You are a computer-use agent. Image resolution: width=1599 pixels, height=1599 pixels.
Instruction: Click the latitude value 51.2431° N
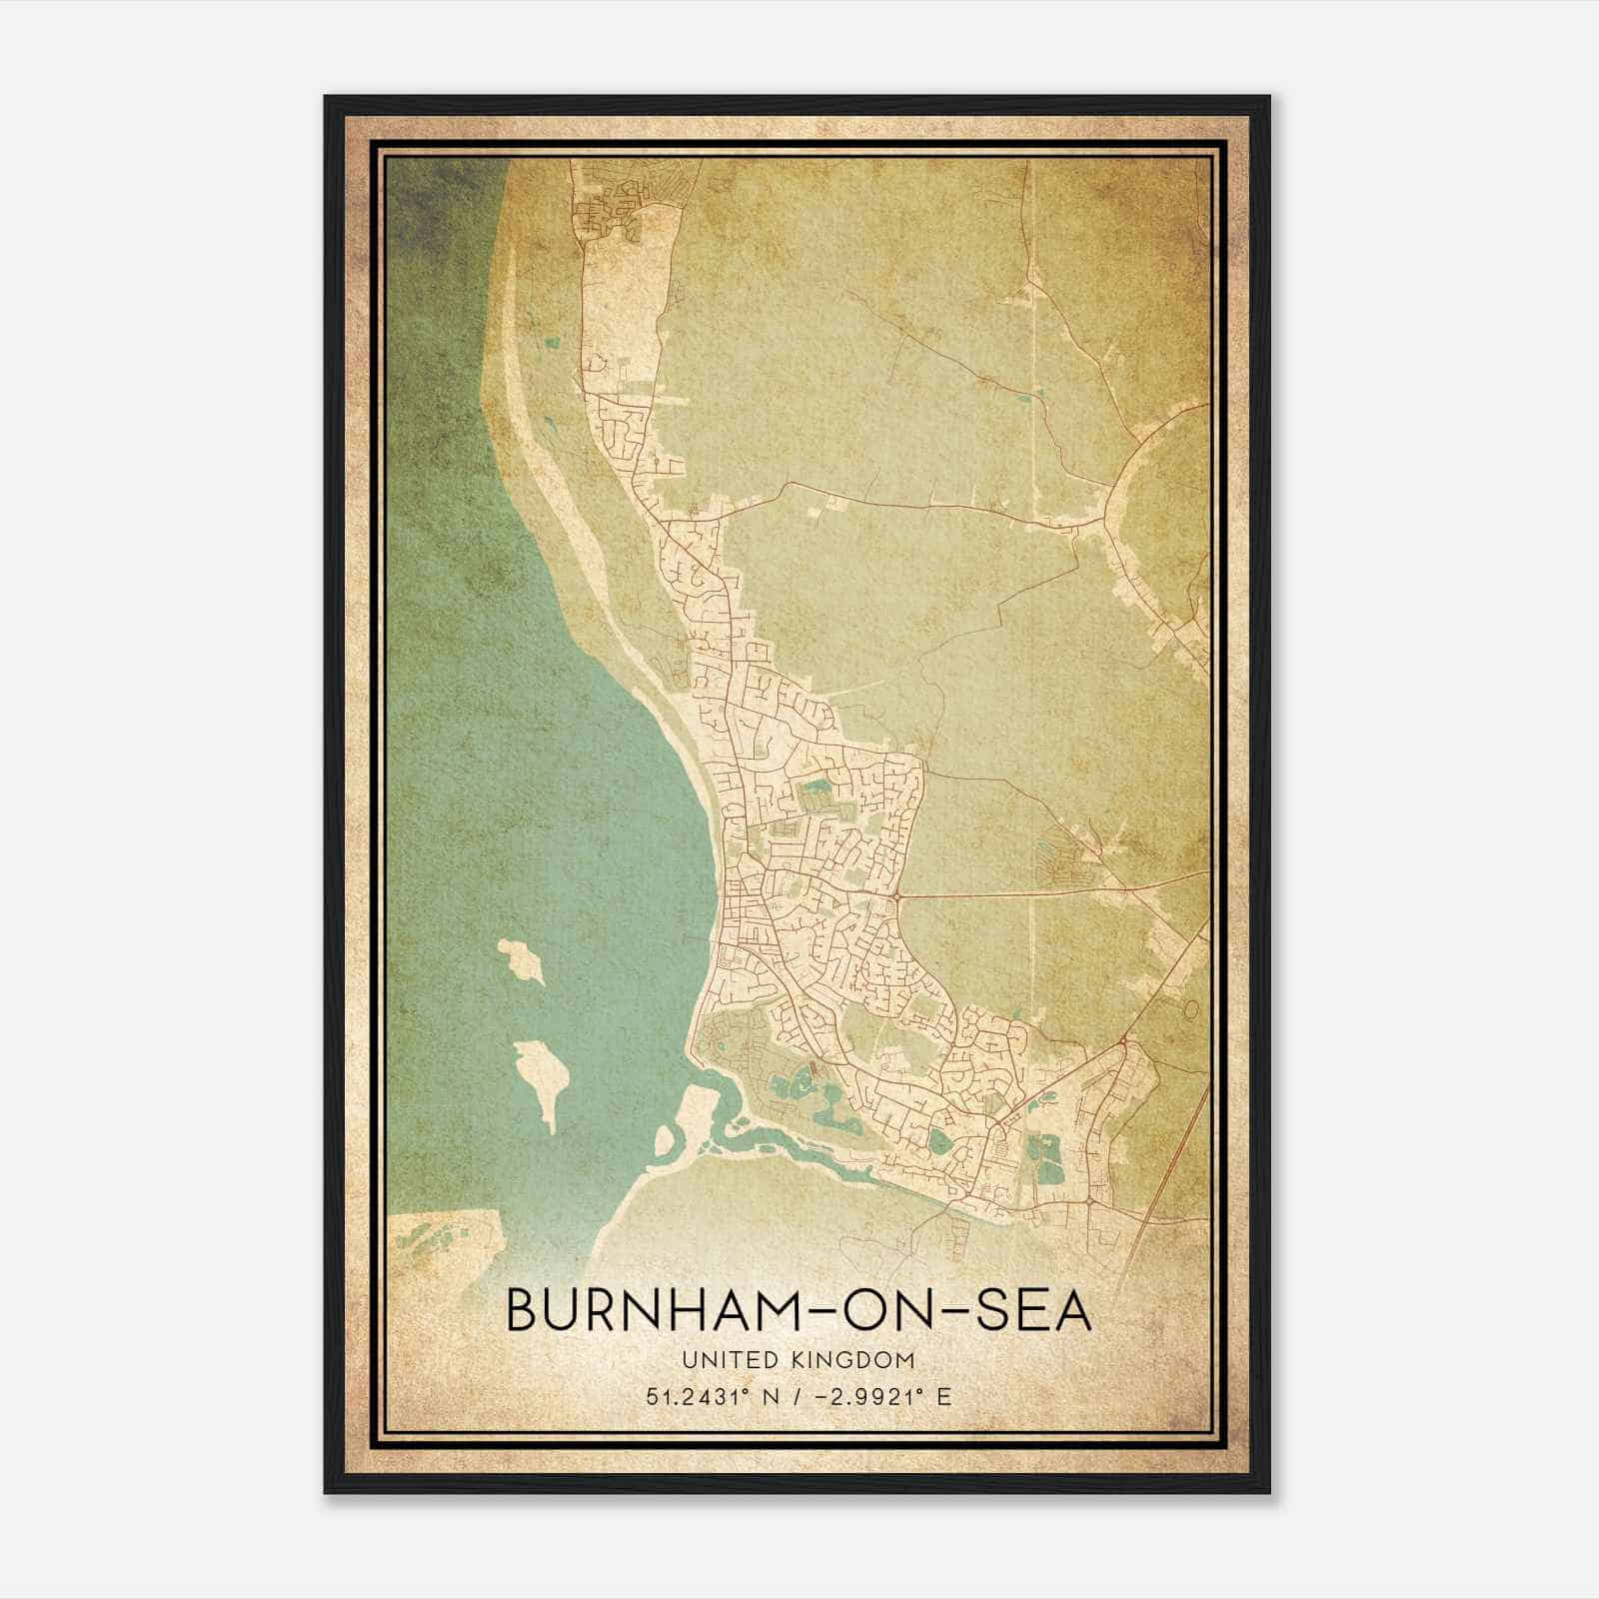click(712, 1396)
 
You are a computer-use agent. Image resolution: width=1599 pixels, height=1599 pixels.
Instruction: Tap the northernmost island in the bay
click(522, 959)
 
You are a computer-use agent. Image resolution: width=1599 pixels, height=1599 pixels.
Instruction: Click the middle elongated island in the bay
click(542, 1077)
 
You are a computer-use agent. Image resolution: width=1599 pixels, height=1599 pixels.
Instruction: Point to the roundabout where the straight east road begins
click(900, 895)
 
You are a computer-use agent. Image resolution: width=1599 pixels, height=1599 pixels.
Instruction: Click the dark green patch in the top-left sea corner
click(440, 200)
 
